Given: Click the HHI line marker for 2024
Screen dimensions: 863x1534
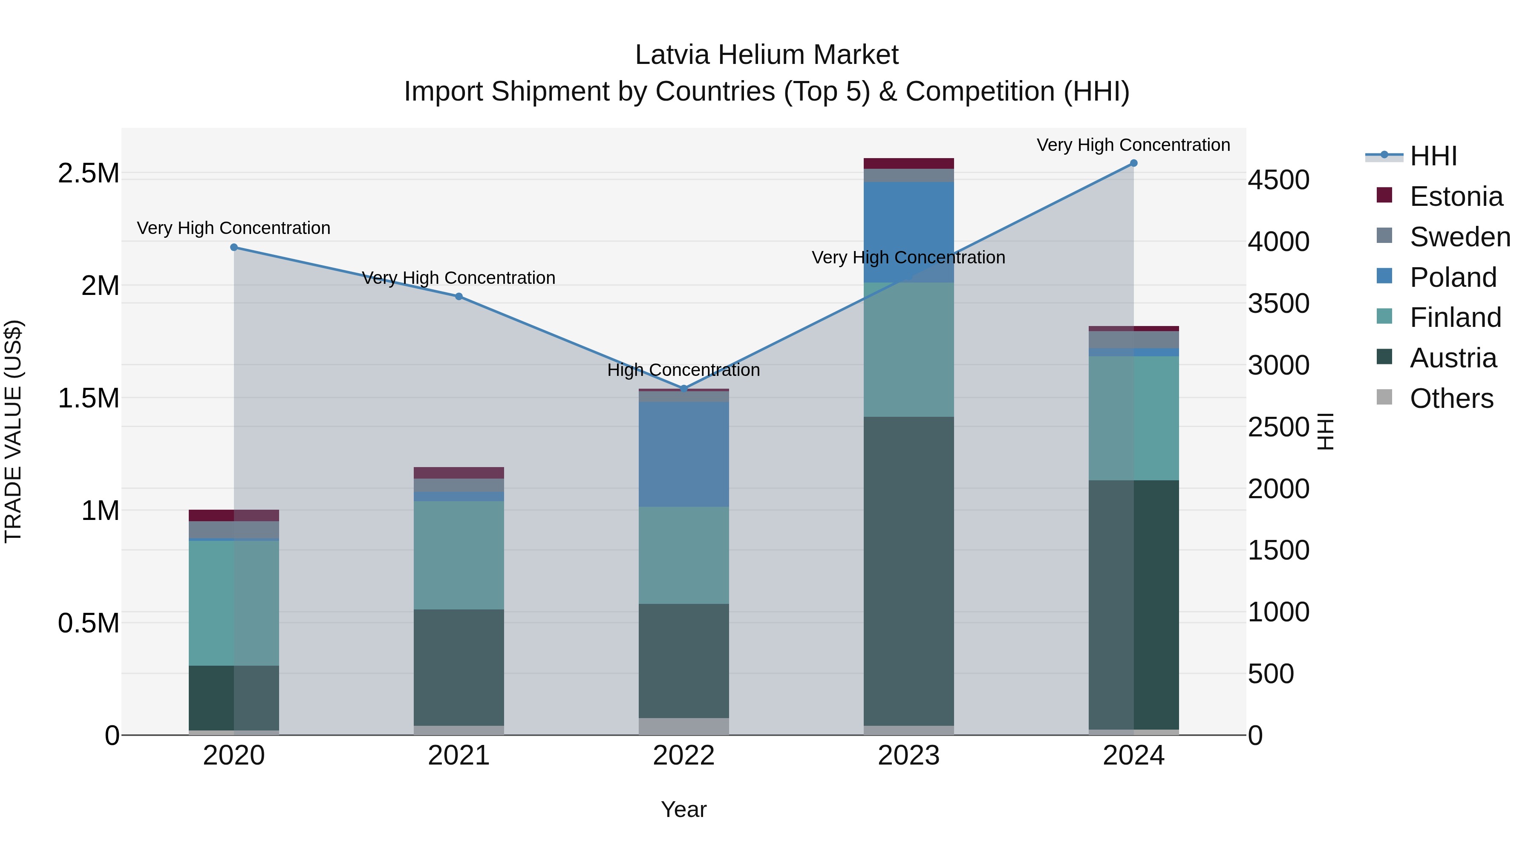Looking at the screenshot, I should click(1133, 163).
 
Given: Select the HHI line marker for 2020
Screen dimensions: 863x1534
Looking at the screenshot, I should click(234, 247).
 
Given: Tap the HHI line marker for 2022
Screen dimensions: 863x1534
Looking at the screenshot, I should click(683, 388).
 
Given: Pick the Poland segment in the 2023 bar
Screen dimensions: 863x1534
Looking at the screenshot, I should click(909, 232).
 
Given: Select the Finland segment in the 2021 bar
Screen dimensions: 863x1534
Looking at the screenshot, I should click(458, 554).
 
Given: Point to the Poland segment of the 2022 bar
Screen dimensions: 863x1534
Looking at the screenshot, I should click(683, 454).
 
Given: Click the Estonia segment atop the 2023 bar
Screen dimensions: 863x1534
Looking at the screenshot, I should click(909, 163).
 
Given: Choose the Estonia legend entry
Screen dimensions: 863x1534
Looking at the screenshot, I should click(1456, 196).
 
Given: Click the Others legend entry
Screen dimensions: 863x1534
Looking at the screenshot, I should click(1451, 398).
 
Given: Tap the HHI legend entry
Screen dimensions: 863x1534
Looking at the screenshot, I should click(1433, 156).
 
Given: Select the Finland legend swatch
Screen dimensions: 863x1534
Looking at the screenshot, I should click(1384, 316).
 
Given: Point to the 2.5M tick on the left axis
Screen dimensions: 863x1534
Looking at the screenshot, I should click(89, 173).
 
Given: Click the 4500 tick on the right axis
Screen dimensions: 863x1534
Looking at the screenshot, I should click(1278, 180).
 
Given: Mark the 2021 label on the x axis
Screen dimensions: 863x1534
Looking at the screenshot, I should click(458, 756).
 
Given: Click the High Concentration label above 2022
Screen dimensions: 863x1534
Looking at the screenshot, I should click(683, 370).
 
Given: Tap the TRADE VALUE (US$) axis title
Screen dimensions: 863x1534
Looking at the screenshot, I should click(13, 431).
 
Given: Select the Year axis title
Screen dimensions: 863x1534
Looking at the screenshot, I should click(683, 809).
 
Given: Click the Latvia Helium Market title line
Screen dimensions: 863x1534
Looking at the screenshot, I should click(767, 55).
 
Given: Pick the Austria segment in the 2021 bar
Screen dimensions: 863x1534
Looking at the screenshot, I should click(458, 667).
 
